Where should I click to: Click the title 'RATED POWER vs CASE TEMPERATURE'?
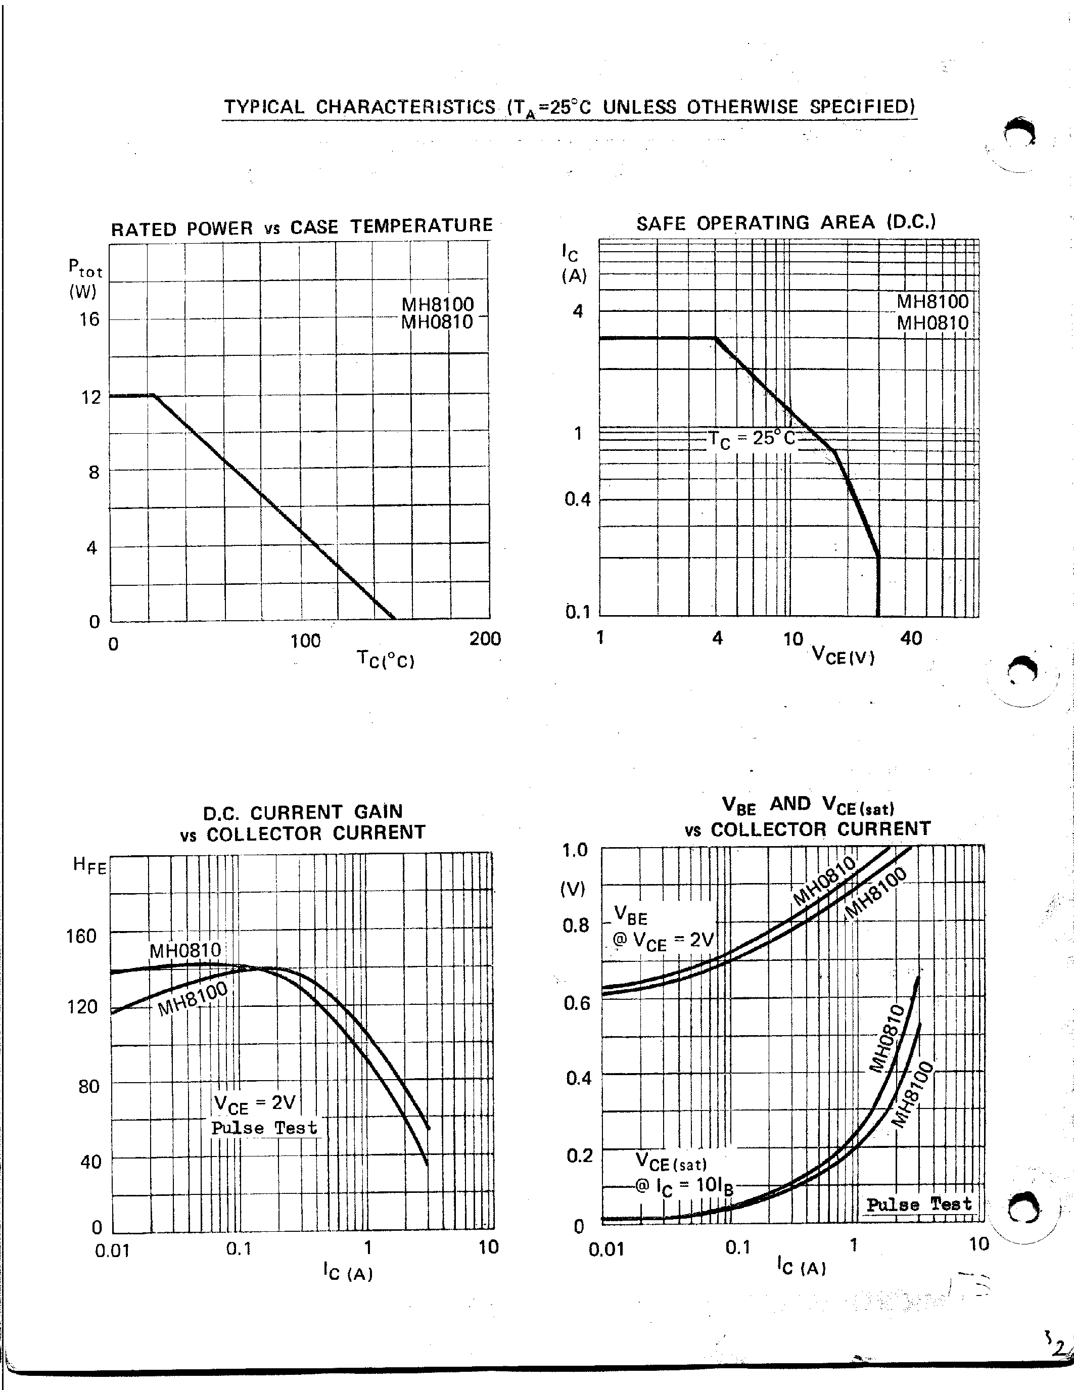pyautogui.click(x=302, y=226)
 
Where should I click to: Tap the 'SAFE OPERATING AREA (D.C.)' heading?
pyautogui.click(x=786, y=223)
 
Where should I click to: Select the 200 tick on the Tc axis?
pyautogui.click(x=485, y=638)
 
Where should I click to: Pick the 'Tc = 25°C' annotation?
pyautogui.click(x=752, y=439)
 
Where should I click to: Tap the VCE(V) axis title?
pyautogui.click(x=844, y=655)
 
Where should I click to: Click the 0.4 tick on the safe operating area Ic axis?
pyautogui.click(x=578, y=499)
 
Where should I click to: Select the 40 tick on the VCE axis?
pyautogui.click(x=911, y=638)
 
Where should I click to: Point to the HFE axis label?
pyautogui.click(x=89, y=865)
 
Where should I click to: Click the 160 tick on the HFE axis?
pyautogui.click(x=81, y=936)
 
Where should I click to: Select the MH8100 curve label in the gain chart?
pyautogui.click(x=192, y=999)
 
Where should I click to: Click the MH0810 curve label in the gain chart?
pyautogui.click(x=185, y=951)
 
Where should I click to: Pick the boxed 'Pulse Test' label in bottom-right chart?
pyautogui.click(x=919, y=1204)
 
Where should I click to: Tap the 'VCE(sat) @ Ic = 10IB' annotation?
pyautogui.click(x=684, y=1175)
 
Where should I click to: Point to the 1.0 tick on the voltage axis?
pyautogui.click(x=575, y=850)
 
